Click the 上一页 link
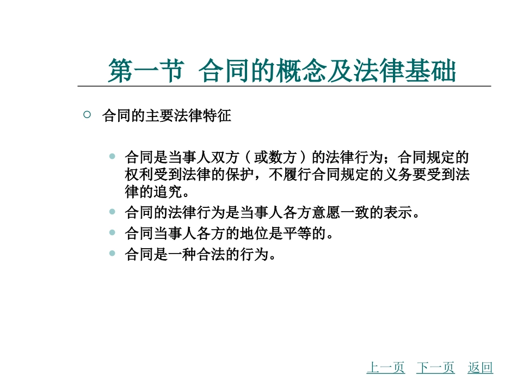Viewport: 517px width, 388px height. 385,368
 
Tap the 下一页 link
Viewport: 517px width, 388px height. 435,368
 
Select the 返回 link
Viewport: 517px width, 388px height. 480,368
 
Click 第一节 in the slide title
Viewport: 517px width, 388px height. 144,71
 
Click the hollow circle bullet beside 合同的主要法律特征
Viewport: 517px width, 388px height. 87,115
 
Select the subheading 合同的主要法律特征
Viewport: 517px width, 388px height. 167,116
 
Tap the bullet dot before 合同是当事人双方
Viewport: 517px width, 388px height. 112,157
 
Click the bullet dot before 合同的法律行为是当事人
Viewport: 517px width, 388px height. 112,212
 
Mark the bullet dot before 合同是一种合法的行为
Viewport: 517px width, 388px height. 112,253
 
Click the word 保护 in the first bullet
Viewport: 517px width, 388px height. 238,175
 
